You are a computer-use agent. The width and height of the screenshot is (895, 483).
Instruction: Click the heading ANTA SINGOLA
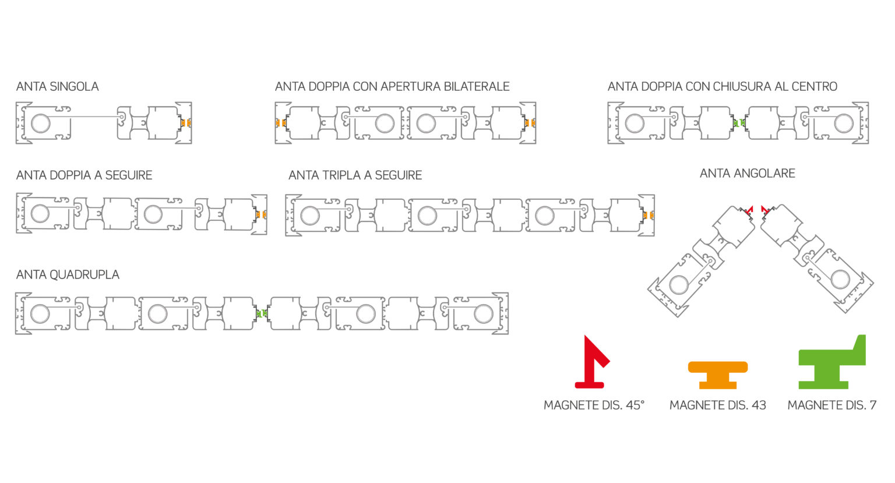coord(57,86)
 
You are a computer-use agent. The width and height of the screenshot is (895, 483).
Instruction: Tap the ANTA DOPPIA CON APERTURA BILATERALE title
coord(392,86)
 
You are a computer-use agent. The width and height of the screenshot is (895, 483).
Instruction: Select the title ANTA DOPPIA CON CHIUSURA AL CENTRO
coord(722,86)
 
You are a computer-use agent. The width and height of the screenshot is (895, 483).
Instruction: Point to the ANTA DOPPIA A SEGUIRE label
coord(84,175)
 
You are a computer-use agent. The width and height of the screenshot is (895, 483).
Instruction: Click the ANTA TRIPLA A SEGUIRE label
coord(355,175)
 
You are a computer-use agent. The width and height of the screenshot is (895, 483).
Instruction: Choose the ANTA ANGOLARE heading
coord(747,173)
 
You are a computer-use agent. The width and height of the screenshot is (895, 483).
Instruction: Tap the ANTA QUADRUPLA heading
coord(68,274)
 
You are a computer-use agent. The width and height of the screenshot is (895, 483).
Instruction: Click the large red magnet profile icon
coord(592,362)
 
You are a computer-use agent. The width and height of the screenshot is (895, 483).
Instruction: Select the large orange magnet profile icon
coord(718,375)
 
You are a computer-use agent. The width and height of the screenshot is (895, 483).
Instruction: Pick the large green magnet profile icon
coord(832,362)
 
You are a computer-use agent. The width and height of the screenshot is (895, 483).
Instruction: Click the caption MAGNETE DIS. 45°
coord(594,405)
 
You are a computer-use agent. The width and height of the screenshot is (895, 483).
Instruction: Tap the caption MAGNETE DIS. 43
coord(718,405)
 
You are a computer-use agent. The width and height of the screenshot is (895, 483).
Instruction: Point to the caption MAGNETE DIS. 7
coord(832,405)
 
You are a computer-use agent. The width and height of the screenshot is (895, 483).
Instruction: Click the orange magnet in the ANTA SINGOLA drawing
coord(186,123)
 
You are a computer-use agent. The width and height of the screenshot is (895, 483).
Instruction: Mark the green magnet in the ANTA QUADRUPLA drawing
coord(262,313)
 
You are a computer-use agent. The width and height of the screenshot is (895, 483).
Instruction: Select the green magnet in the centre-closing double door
coord(739,123)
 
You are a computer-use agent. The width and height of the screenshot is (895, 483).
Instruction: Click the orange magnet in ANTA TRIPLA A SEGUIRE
coord(648,216)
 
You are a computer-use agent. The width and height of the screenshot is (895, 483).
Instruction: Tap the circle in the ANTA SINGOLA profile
coord(41,123)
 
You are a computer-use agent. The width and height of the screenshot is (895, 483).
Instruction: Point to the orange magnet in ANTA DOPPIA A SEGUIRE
coord(261,214)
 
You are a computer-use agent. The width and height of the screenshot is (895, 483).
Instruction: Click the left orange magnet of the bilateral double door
coord(281,123)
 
